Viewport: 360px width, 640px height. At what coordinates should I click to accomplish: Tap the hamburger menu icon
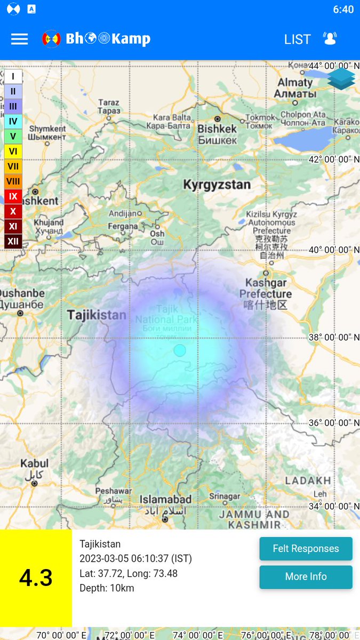(x=19, y=39)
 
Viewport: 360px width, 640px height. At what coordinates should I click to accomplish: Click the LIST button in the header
(x=297, y=39)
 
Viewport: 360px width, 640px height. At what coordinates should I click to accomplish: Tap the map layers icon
(x=341, y=78)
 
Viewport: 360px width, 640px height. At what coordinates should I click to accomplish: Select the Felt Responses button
(x=306, y=549)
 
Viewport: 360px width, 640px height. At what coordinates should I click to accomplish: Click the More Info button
(x=306, y=577)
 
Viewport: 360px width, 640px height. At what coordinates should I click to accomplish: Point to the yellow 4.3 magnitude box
(x=36, y=578)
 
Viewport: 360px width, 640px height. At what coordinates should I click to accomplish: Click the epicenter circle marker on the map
(x=180, y=350)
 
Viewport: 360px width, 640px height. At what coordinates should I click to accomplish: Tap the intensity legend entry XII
(x=13, y=241)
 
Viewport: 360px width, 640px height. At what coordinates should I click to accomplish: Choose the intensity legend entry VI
(x=13, y=151)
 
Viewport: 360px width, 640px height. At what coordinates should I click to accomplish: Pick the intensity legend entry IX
(x=13, y=196)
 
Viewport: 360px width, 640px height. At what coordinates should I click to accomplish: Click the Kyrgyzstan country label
(x=217, y=185)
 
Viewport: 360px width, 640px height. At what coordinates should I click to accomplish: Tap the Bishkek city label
(x=217, y=129)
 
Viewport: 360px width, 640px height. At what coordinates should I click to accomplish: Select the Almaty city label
(x=294, y=83)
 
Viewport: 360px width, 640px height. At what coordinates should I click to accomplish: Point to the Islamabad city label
(x=165, y=500)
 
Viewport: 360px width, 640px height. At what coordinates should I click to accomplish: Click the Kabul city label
(x=34, y=463)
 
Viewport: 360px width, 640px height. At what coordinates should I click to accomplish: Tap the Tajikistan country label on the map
(x=97, y=315)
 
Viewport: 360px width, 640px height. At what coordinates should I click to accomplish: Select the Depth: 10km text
(x=107, y=588)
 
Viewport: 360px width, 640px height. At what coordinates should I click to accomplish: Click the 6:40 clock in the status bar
(x=343, y=10)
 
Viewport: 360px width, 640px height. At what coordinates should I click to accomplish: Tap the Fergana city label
(x=122, y=226)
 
